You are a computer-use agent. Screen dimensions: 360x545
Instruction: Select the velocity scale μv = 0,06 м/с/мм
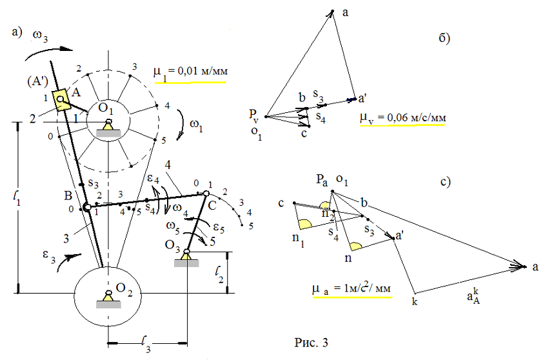[x=403, y=119]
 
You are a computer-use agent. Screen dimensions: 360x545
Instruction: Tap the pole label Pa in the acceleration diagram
[x=320, y=182]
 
